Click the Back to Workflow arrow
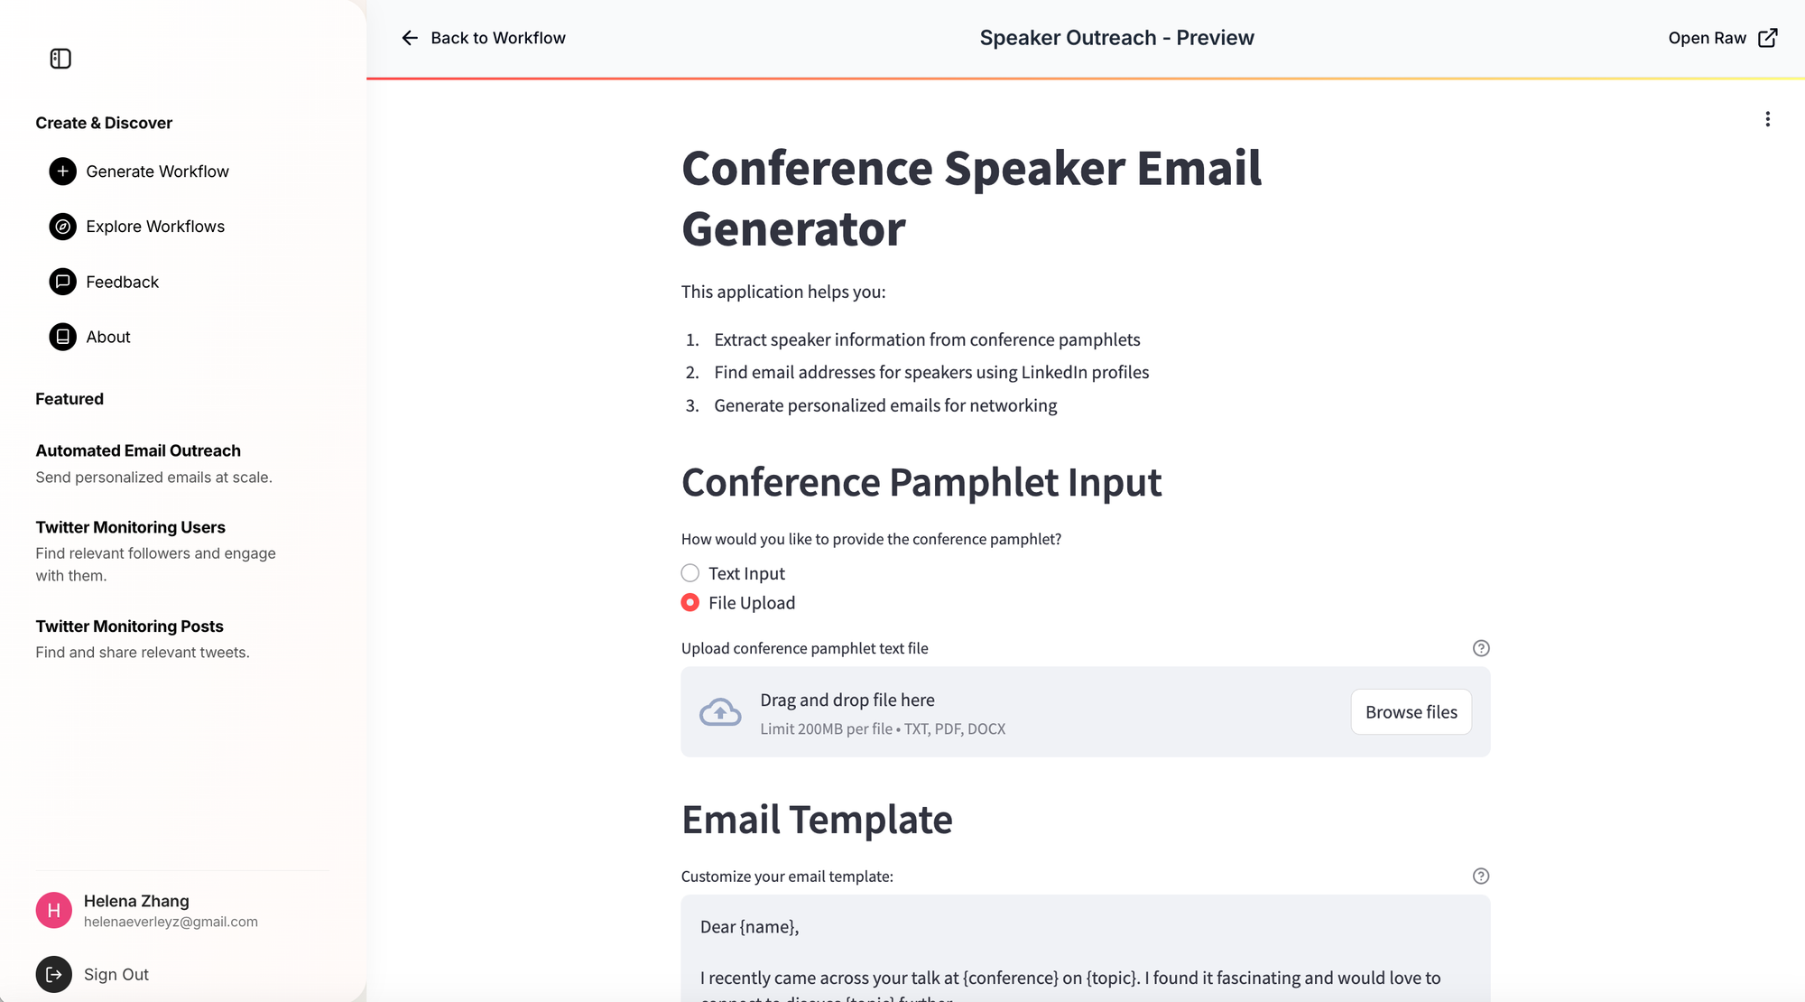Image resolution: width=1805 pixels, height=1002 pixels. (x=410, y=38)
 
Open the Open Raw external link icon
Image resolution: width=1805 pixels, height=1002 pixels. (x=1768, y=38)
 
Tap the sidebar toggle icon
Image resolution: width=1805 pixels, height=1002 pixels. (x=60, y=59)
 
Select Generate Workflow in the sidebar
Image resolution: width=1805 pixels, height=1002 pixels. (x=157, y=172)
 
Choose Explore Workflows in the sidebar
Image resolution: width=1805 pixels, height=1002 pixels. (x=155, y=227)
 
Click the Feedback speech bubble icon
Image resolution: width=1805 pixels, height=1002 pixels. (x=62, y=282)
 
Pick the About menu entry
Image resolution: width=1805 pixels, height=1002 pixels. (x=108, y=337)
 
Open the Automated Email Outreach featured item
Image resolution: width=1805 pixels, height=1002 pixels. (x=138, y=450)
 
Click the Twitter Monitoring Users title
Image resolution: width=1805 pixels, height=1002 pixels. (x=130, y=527)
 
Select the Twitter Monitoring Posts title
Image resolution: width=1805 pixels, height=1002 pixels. (x=129, y=626)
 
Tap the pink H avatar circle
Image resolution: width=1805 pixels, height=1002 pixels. (x=54, y=910)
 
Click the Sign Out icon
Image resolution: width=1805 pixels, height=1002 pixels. (x=54, y=974)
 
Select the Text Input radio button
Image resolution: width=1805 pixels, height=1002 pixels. (x=690, y=573)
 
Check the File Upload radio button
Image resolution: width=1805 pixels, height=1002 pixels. (x=690, y=602)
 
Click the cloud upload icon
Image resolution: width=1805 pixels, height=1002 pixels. (x=720, y=712)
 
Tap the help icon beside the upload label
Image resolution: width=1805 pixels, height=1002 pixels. (x=1481, y=648)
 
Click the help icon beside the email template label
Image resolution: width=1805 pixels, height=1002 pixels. (x=1481, y=876)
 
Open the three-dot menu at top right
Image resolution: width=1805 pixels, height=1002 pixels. (x=1768, y=119)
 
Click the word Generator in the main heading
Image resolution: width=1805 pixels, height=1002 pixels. (x=793, y=229)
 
